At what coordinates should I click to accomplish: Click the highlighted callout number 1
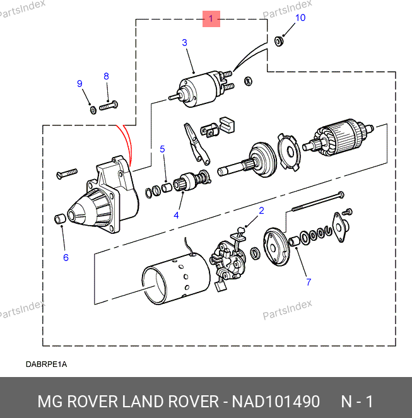coord(211,19)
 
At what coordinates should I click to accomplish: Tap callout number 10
coord(300,18)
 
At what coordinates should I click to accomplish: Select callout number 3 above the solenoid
coord(184,43)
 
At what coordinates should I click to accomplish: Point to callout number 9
coord(79,84)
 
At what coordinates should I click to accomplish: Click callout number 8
coord(106,76)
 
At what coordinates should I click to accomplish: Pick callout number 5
coord(162,149)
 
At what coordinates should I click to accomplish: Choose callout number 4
coord(176,215)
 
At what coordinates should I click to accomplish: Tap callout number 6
coord(66,257)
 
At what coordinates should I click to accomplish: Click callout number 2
coord(261,211)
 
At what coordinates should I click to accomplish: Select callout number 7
coord(309,282)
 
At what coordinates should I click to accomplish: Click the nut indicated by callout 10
coord(280,42)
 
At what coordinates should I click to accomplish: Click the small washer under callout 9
coord(93,110)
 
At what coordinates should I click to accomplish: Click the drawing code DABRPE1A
coord(46,364)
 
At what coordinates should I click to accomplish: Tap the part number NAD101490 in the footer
coord(276,402)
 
